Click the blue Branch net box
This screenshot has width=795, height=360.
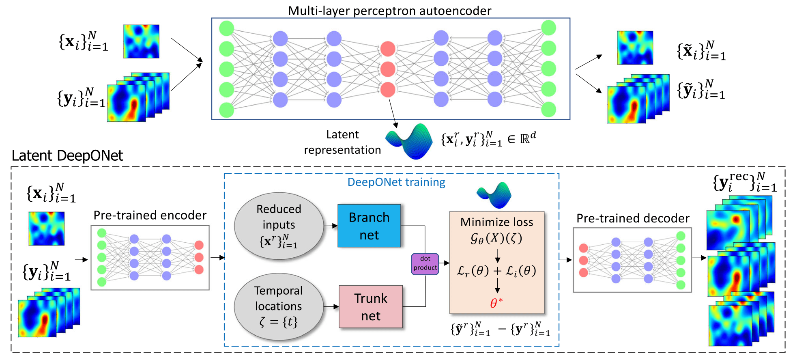pyautogui.click(x=369, y=226)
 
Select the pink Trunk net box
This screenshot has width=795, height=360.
pyautogui.click(x=371, y=307)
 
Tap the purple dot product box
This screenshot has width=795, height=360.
pyautogui.click(x=425, y=264)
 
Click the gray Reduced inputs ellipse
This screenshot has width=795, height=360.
pyautogui.click(x=279, y=226)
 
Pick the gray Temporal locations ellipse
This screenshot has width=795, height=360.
pyautogui.click(x=279, y=306)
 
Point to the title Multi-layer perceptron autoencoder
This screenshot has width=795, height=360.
pyautogui.click(x=389, y=11)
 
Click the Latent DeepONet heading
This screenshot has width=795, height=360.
pyautogui.click(x=67, y=156)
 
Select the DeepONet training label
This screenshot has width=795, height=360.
pyautogui.click(x=396, y=182)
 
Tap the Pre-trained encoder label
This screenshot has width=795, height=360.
pyautogui.click(x=150, y=215)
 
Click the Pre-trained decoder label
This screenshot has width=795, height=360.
pyautogui.click(x=633, y=218)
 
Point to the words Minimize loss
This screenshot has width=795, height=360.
pyautogui.click(x=497, y=222)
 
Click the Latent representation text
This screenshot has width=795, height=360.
pyautogui.click(x=343, y=142)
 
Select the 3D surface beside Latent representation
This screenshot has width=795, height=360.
pyautogui.click(x=409, y=141)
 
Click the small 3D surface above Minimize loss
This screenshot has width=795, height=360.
pyautogui.click(x=494, y=195)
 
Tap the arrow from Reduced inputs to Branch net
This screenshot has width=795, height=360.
pyautogui.click(x=331, y=226)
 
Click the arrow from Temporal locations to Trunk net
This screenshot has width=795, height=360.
pyautogui.click(x=331, y=306)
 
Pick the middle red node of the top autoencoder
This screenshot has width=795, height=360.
pyautogui.click(x=388, y=69)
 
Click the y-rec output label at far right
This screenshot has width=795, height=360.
pyautogui.click(x=745, y=182)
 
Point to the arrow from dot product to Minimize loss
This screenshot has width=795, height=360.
pyautogui.click(x=444, y=263)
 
